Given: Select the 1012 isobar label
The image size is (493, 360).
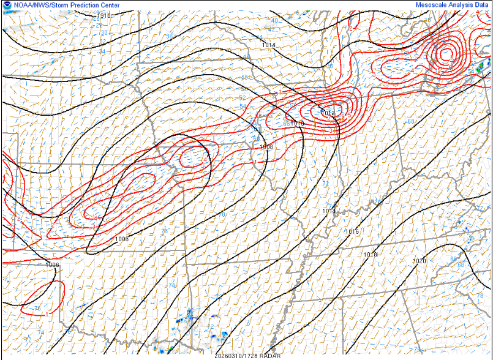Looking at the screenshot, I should pos(328,113).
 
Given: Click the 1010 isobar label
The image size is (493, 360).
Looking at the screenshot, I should pos(298,124).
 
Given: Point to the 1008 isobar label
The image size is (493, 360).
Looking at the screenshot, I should pos(266,147).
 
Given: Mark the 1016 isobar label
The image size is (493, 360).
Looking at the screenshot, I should pos(352,231).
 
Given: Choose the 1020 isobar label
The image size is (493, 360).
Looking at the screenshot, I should pos(419,261).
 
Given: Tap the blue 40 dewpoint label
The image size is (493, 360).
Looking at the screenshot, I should pos(274,21).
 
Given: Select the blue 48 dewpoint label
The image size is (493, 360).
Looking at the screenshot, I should pos(244,77).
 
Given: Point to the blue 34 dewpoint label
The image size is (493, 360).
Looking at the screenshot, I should pos(102,50).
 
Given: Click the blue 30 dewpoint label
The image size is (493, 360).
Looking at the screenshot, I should pos(103,32).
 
